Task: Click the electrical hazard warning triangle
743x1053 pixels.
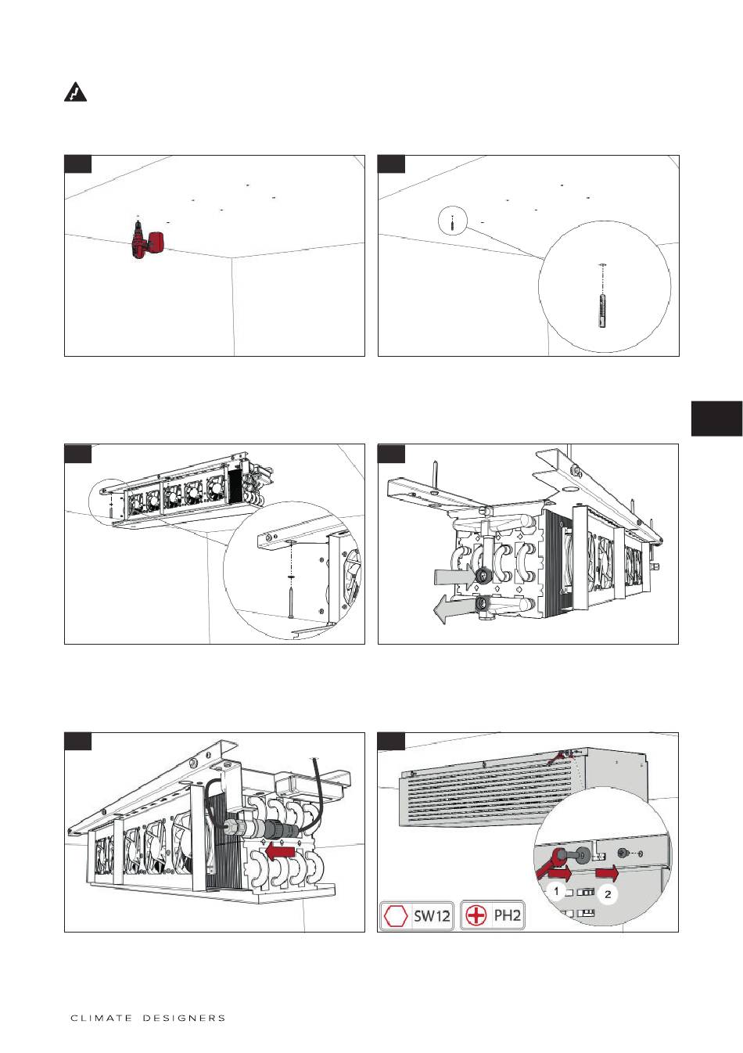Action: tap(75, 92)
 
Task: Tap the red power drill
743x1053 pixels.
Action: tap(146, 242)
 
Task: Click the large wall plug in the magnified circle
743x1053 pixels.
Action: tap(602, 311)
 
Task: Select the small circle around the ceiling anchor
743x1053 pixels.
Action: tap(453, 221)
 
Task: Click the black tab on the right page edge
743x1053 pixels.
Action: tap(716, 419)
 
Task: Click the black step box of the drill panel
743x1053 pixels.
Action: tap(77, 164)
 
